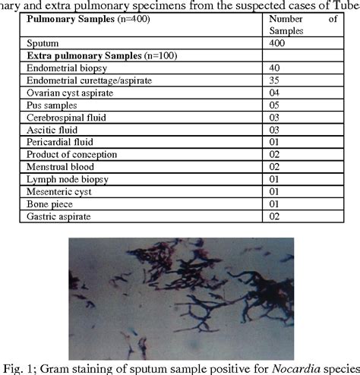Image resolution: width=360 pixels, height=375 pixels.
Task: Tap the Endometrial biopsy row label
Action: pos(63,68)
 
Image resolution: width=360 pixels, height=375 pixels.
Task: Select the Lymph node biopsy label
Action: pos(66,178)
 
